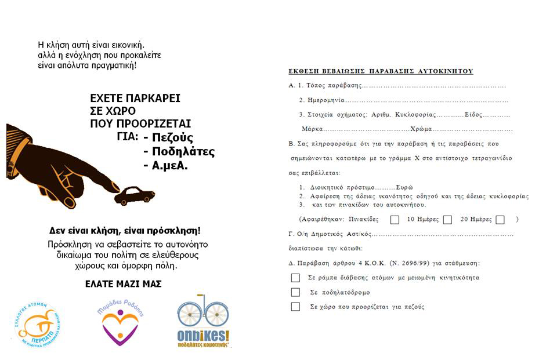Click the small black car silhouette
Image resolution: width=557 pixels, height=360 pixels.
point(135,196)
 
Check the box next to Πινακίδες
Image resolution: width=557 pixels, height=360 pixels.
point(395,220)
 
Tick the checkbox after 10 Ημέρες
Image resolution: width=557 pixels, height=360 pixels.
point(447,220)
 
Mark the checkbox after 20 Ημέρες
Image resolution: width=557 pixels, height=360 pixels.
point(500,220)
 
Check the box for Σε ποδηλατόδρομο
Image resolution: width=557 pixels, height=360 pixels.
point(296,292)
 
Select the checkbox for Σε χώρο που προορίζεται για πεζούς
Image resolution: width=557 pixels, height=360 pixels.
point(296,307)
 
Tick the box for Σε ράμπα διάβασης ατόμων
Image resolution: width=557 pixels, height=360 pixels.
point(296,278)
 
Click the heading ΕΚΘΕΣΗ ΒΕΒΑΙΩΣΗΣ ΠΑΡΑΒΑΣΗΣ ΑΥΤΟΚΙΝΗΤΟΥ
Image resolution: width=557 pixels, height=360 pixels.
point(381,71)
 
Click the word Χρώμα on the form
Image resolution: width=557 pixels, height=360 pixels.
point(422,129)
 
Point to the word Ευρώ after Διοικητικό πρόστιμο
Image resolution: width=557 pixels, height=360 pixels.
point(404,187)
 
